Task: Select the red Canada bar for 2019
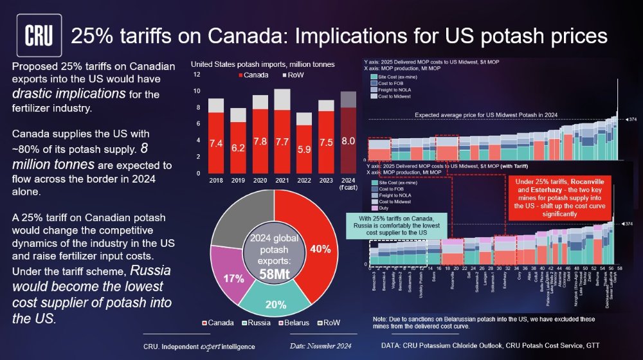(x=238, y=148)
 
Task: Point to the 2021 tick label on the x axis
(x=282, y=181)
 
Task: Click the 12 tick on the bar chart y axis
(x=197, y=75)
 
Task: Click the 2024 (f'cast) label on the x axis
(x=347, y=184)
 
